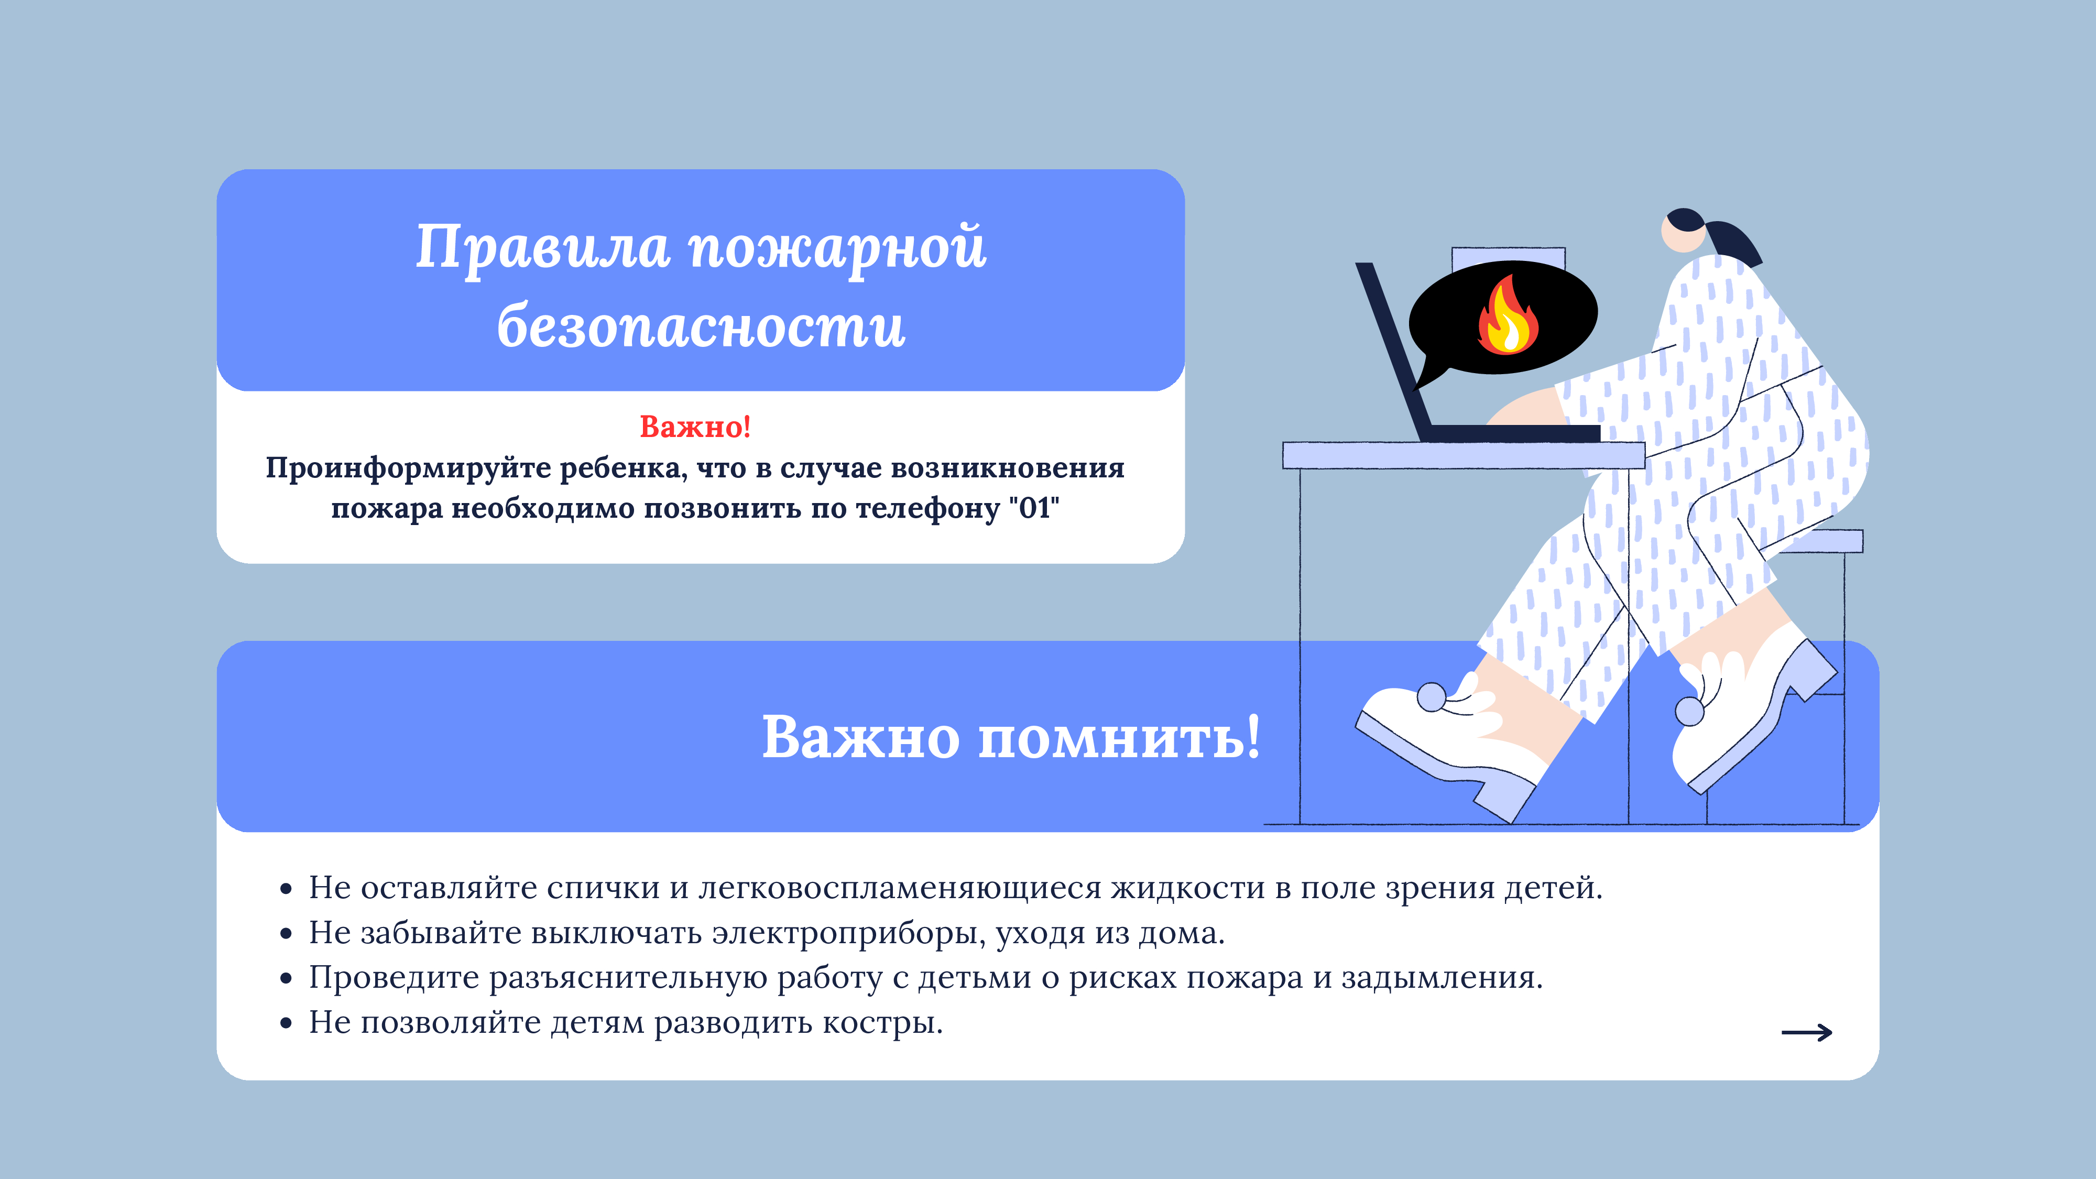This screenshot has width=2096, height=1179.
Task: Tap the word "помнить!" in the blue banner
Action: [1119, 738]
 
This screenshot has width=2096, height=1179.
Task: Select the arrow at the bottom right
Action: [1806, 1032]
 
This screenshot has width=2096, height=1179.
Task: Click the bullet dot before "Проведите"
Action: [286, 979]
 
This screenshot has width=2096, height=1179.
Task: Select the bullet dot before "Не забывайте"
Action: [286, 934]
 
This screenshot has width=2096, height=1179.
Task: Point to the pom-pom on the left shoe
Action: [1431, 697]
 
